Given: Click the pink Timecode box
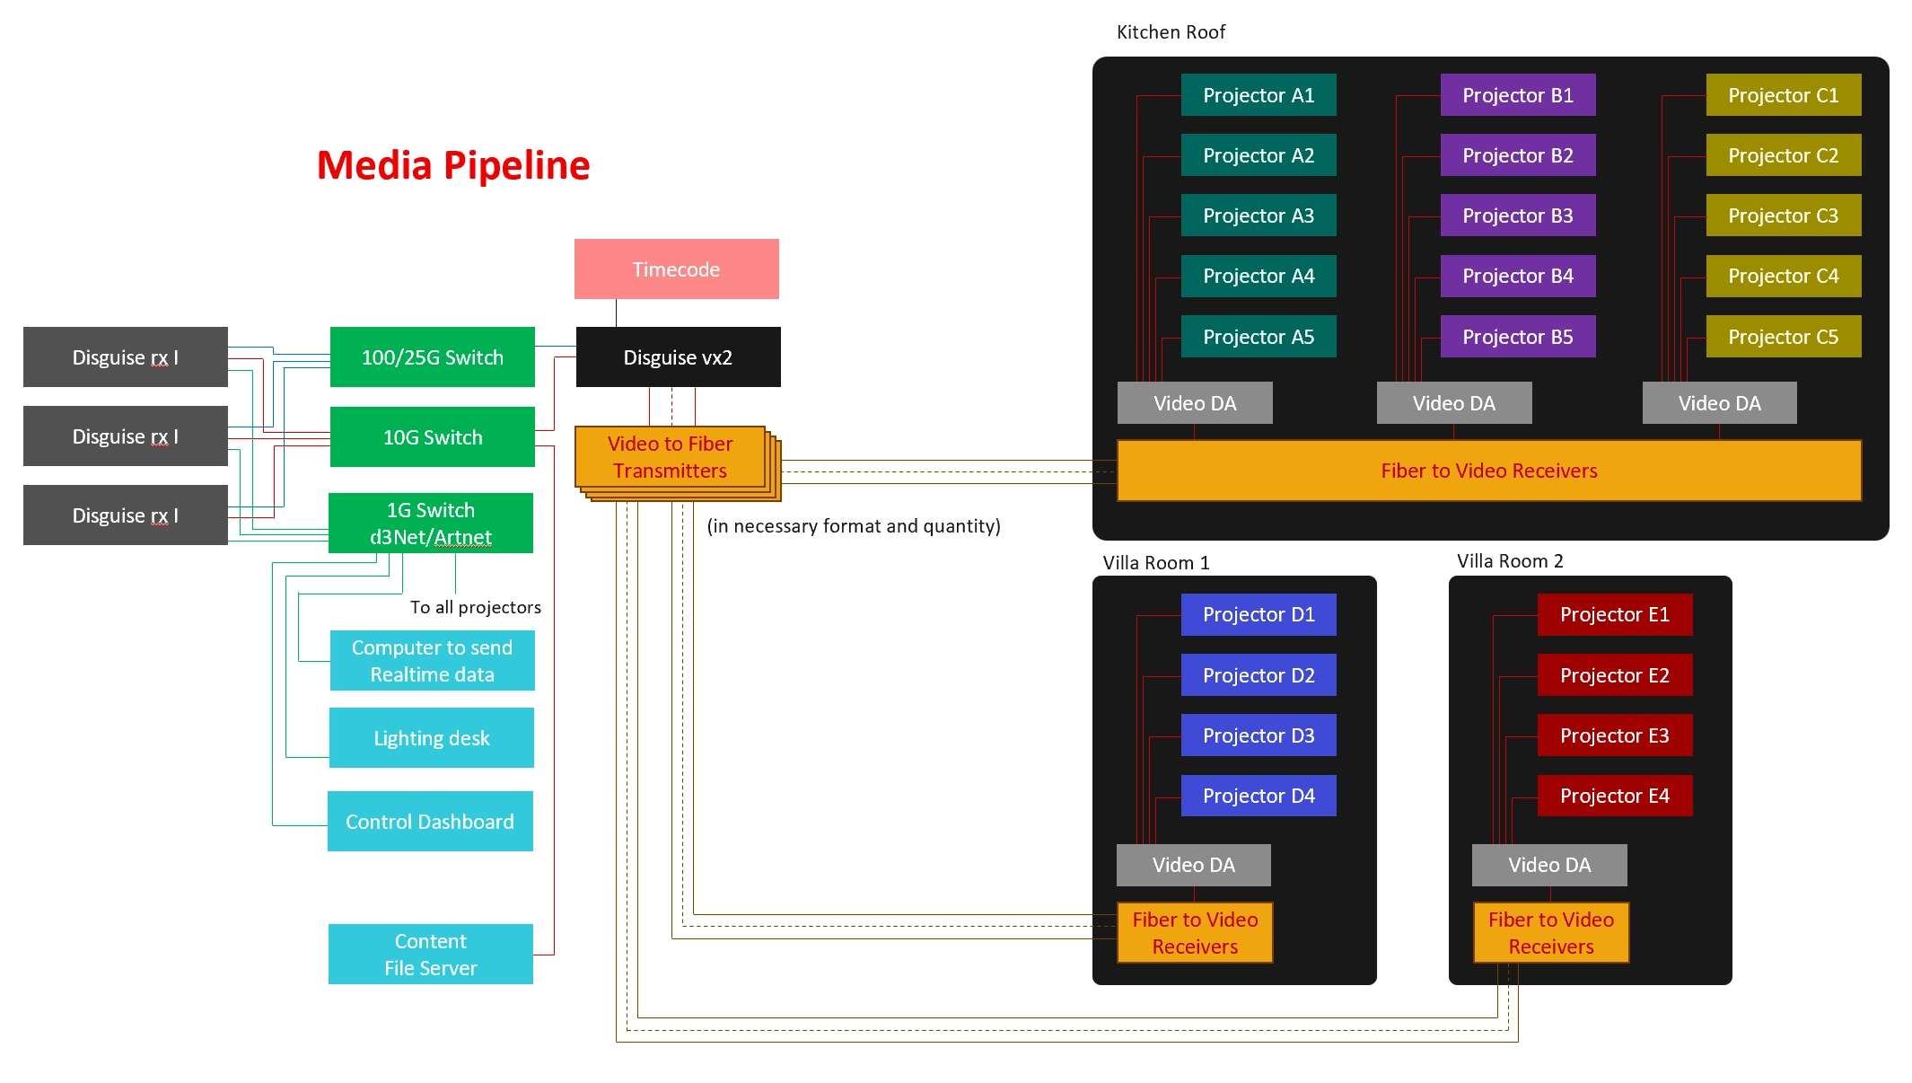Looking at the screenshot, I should pyautogui.click(x=676, y=269).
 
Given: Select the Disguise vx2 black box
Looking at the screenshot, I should pyautogui.click(x=678, y=357).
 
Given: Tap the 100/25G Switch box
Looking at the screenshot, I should pyautogui.click(x=432, y=357).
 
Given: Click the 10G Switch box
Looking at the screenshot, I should pyautogui.click(x=432, y=436).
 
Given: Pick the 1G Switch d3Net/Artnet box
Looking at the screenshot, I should pyautogui.click(x=430, y=523).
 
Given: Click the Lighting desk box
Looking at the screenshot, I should pyautogui.click(x=431, y=737).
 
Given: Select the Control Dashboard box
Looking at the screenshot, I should pyautogui.click(x=430, y=821).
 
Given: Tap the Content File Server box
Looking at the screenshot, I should pyautogui.click(x=430, y=954).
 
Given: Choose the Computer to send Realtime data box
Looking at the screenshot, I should pyautogui.click(x=432, y=660).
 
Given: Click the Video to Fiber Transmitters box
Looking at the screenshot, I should pyautogui.click(x=670, y=457).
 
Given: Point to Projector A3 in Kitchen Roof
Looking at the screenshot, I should pyautogui.click(x=1258, y=216).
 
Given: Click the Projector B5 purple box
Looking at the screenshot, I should pyautogui.click(x=1517, y=336).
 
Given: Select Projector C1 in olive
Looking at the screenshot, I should pyautogui.click(x=1783, y=95).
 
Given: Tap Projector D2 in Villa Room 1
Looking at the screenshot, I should pyautogui.click(x=1258, y=674).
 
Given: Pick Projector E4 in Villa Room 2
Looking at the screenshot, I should pyautogui.click(x=1614, y=795).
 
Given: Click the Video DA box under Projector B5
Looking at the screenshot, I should pyautogui.click(x=1453, y=402).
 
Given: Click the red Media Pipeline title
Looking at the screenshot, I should pyautogui.click(x=453, y=165).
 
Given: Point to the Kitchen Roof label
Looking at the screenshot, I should pyautogui.click(x=1171, y=32).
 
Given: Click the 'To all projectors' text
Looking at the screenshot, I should pyautogui.click(x=475, y=607).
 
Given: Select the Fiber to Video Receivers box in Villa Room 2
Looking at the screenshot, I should pyautogui.click(x=1550, y=932).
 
